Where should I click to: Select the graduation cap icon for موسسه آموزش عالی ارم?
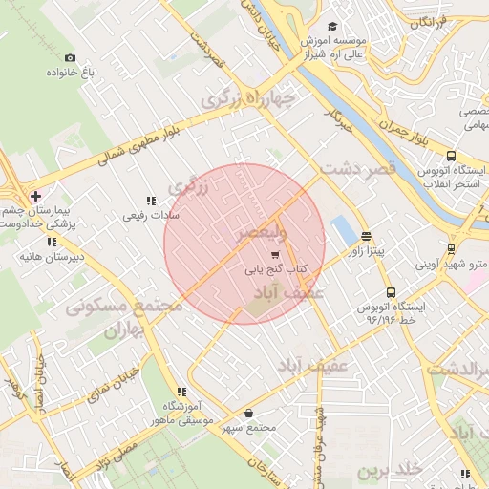pos(332,27)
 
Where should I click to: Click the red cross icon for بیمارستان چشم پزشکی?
pos(35,196)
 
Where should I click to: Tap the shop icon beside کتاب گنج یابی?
pos(275,255)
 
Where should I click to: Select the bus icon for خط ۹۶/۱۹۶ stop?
pos(390,292)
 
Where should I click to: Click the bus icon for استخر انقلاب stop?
pos(451,156)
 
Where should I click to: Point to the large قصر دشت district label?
pos(355,169)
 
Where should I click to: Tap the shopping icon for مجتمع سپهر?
pos(249,414)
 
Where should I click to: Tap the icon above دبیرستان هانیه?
pos(23,241)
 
